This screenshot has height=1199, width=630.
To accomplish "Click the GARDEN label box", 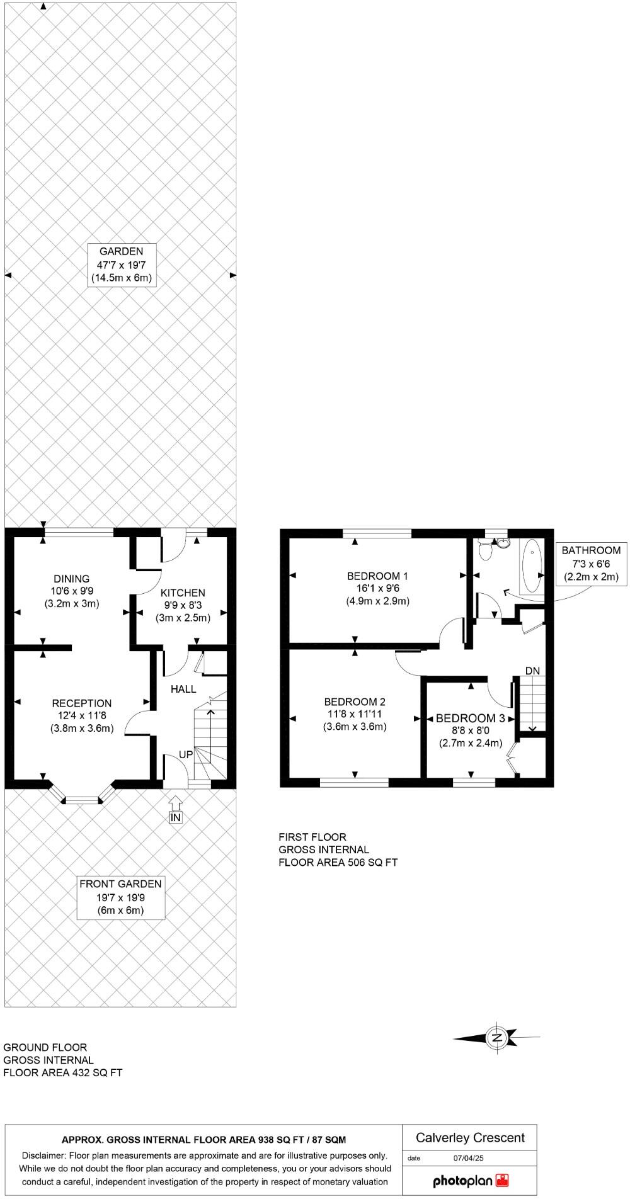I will (120, 264).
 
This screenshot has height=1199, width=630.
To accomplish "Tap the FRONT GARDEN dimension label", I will (120, 897).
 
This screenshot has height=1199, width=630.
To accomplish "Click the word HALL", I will (183, 690).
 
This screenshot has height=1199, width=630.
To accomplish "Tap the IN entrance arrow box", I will (176, 817).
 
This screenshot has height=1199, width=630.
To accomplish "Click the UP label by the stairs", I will (186, 754).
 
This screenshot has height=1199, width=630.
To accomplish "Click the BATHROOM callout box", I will (591, 563).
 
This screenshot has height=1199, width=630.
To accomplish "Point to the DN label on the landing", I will (532, 671).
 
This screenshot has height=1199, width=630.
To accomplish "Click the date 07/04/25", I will (468, 1157).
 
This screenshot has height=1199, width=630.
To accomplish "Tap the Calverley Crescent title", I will (470, 1137).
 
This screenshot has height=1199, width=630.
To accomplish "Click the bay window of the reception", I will (83, 800).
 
